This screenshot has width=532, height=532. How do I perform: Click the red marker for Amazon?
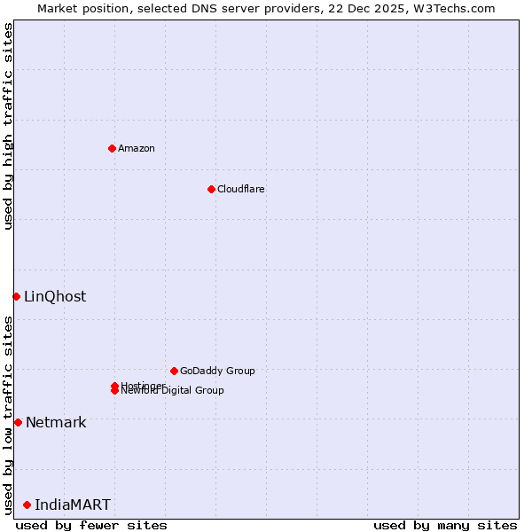112,148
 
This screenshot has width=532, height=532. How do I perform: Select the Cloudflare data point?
211,189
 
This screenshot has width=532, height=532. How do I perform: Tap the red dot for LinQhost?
16,296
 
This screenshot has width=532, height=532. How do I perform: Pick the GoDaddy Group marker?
174,371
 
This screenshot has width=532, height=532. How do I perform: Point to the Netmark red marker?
18,422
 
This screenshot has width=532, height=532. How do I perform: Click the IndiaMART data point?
27,505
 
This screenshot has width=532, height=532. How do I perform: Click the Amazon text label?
136,148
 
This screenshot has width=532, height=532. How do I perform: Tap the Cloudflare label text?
240,189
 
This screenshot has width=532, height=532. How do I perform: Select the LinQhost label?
55,296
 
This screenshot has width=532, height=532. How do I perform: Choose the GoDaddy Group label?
216,371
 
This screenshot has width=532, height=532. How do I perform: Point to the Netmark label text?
56,422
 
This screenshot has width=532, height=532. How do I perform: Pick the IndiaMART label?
73,505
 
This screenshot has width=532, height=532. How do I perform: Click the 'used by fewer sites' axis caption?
91,525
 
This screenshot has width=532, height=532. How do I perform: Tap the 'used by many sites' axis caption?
445,525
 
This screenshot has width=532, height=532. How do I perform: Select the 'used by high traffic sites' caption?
8,126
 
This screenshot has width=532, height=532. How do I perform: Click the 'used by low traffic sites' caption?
8,415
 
